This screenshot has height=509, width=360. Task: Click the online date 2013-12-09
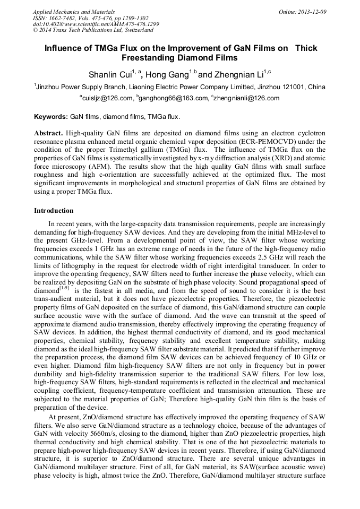point(312,11)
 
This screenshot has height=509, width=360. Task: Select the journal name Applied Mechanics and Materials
point(74,11)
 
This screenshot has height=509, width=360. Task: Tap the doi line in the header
point(96,24)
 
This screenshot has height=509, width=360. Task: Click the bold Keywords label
point(51,116)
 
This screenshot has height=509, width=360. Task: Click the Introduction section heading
point(54,211)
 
